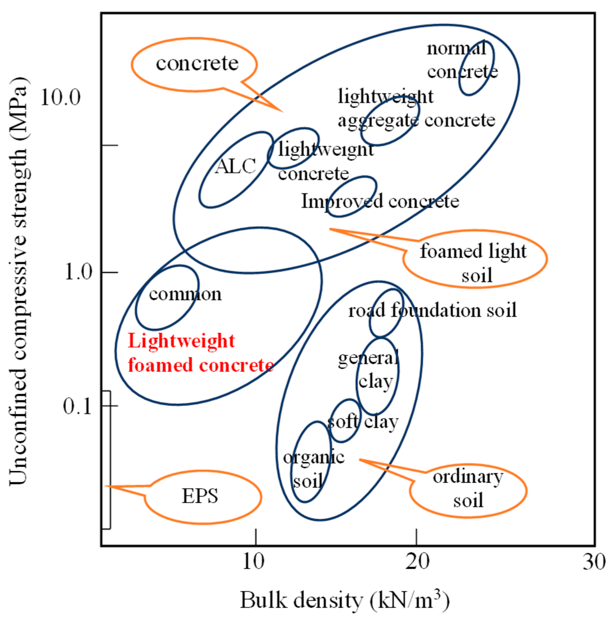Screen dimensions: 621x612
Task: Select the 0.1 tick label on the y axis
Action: pos(77,406)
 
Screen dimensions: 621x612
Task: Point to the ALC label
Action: pos(236,167)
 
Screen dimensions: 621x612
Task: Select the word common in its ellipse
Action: pos(185,294)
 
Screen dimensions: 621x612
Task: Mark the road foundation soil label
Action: pos(432,310)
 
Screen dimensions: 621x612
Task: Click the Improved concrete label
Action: pos(380,201)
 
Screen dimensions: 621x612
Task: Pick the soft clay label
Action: pos(363,422)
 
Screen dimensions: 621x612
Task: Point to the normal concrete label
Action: pos(461,60)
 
